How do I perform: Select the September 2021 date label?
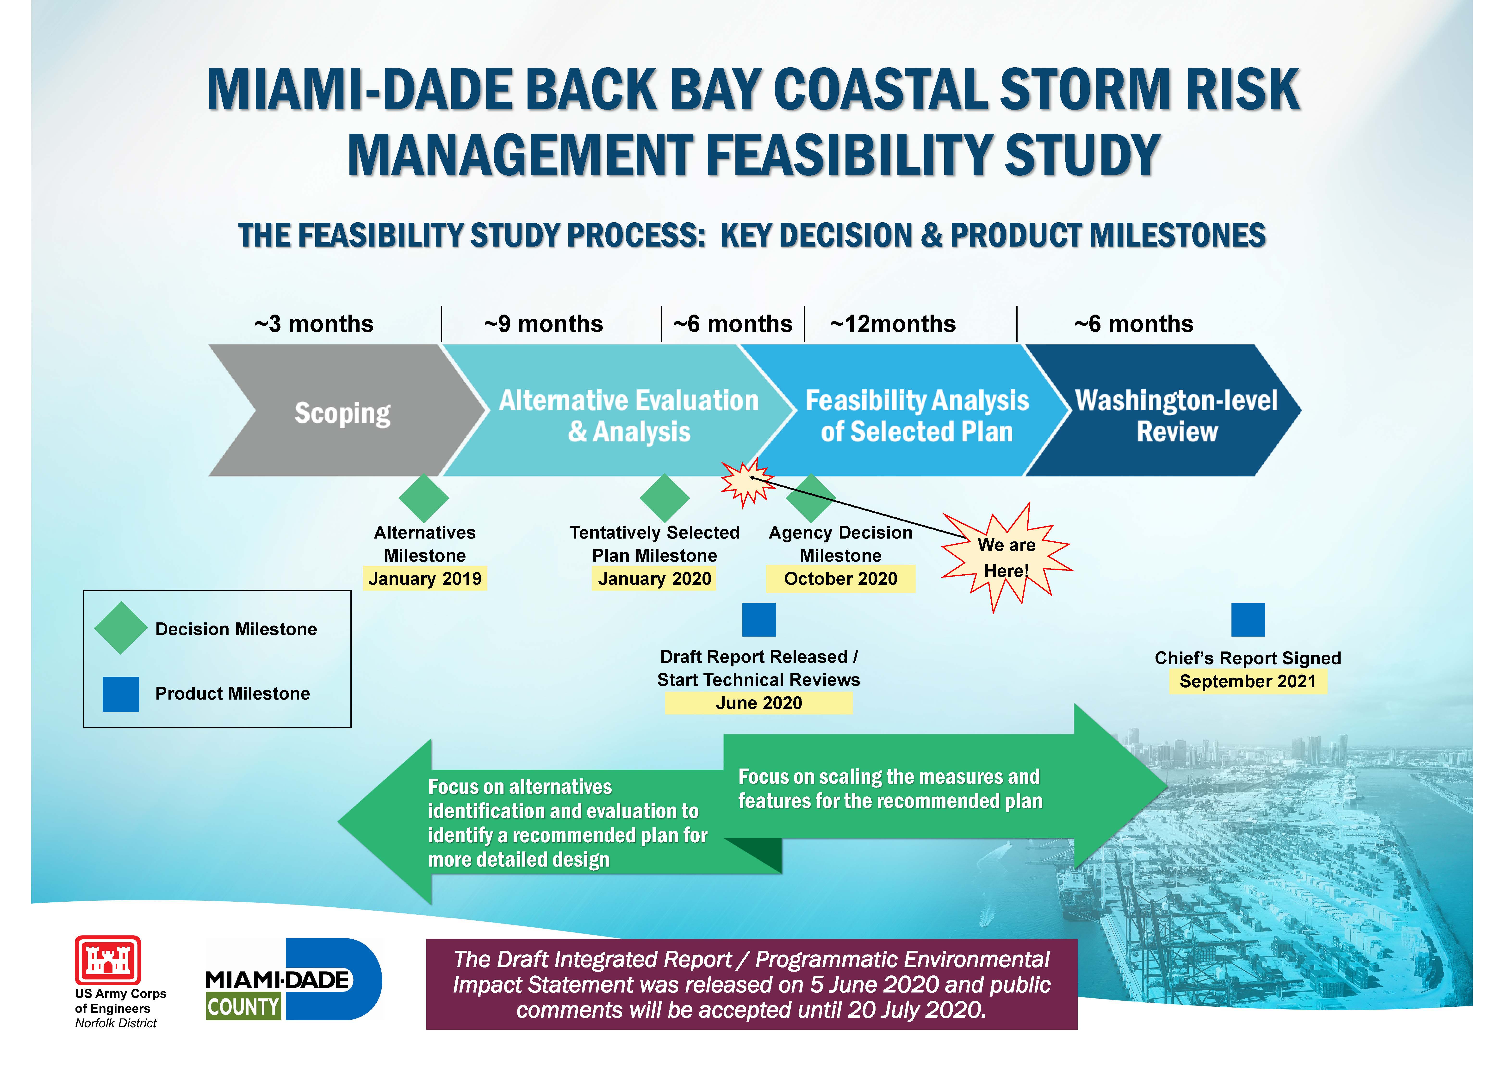tap(1248, 681)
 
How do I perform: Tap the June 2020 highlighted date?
tap(759, 703)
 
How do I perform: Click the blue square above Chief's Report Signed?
tap(1248, 620)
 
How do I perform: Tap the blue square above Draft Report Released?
tap(759, 620)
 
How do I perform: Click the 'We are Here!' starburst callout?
tap(1007, 558)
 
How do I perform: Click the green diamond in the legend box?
tap(121, 628)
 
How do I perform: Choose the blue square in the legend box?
tap(121, 694)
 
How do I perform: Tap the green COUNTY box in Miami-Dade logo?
tap(243, 1006)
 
